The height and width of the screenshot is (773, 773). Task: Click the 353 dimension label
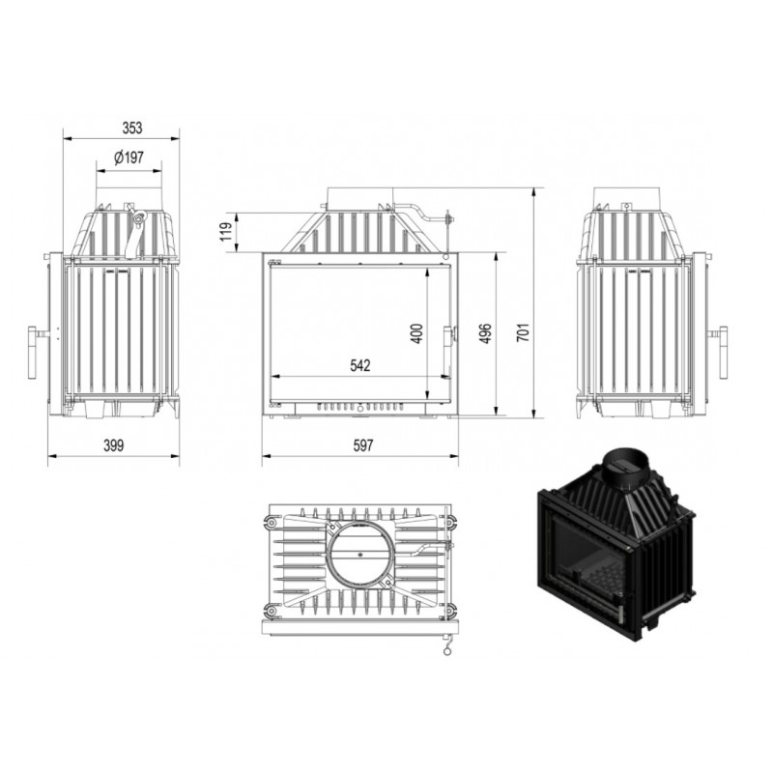coord(132,129)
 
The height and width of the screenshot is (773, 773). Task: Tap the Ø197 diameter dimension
coord(129,157)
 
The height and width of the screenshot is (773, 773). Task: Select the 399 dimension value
coord(113,445)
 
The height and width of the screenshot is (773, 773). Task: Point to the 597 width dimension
coord(363,445)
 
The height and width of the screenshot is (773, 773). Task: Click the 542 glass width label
coord(359,365)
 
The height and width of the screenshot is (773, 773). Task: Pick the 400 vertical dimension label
coord(416,333)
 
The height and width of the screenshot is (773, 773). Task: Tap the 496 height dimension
coord(485,333)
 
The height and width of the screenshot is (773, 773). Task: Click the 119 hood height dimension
coord(226,232)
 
